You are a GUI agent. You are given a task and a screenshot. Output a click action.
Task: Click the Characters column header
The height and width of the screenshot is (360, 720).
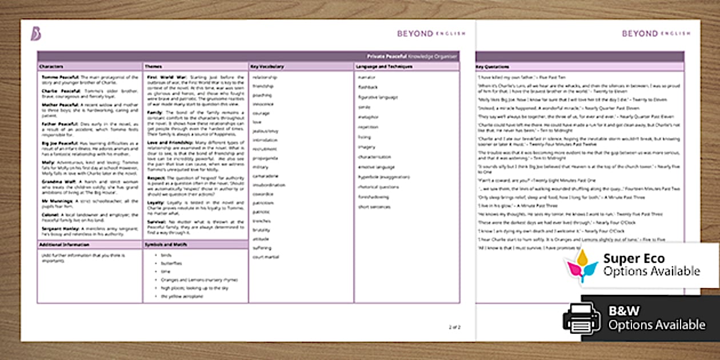pos(51,67)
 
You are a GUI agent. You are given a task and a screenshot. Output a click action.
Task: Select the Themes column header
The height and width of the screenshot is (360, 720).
pos(153,67)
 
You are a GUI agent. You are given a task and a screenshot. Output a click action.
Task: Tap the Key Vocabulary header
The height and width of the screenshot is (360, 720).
pos(267,67)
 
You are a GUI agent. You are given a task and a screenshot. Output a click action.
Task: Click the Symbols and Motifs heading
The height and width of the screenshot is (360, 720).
pos(165,245)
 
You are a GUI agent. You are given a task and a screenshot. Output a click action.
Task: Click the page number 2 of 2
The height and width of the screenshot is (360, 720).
pos(455,327)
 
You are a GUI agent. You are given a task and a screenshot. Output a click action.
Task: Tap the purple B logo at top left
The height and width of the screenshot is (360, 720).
pos(35,34)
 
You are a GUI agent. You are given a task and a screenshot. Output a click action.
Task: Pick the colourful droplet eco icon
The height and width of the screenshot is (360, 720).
pos(581,265)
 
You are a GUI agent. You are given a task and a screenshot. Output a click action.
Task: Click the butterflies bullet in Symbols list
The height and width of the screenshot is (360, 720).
pos(171,263)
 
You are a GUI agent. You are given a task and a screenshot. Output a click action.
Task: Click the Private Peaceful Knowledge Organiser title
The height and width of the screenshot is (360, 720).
pos(412,57)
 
